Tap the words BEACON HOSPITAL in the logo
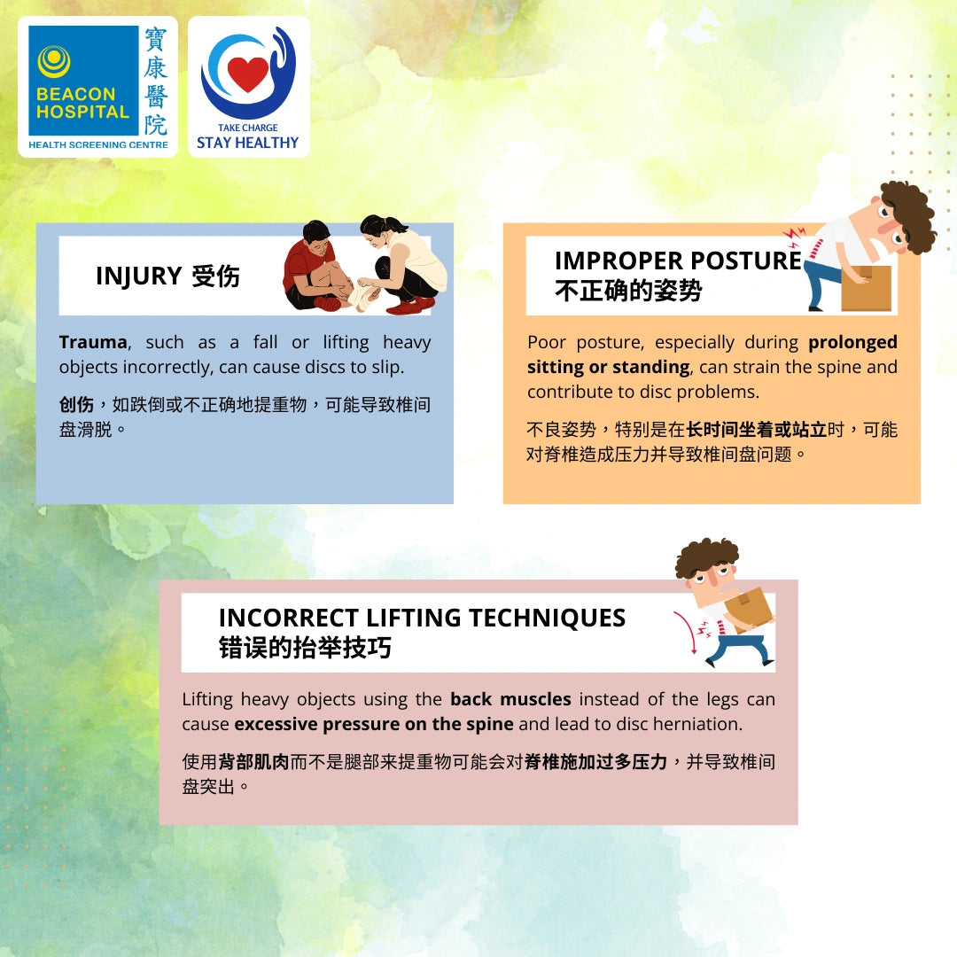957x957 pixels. tap(82, 103)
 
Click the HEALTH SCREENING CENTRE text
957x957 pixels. tap(98, 144)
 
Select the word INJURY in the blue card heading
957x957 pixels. tap(138, 276)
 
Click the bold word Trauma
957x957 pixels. tap(93, 342)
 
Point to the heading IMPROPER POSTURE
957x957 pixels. tap(678, 261)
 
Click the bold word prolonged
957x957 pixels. tap(852, 342)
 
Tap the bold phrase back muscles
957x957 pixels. tap(511, 699)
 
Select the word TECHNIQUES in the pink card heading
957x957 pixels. tap(547, 618)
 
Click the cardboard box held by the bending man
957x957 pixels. tap(866, 288)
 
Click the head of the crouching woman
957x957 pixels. tap(378, 230)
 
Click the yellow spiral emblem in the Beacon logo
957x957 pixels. tap(54, 62)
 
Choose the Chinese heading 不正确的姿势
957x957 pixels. tap(628, 291)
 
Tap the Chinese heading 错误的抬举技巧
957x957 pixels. tap(305, 648)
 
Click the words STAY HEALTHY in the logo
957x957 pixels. tap(248, 143)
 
